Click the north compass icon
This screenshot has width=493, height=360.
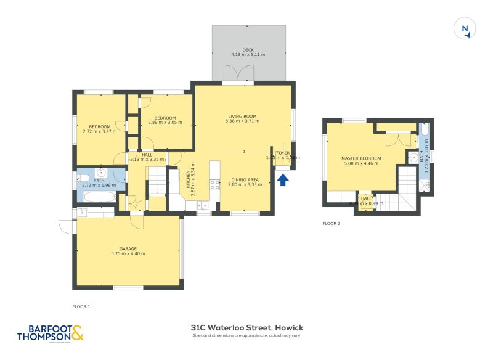point(465,29)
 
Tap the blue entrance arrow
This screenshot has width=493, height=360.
point(283,180)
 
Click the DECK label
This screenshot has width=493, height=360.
point(248,50)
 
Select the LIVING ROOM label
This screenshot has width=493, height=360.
point(242,116)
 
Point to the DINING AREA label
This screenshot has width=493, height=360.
point(244,179)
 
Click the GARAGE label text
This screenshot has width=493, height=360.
point(128,248)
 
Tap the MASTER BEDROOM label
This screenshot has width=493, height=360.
point(361,158)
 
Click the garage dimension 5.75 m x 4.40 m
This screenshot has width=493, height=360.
point(128,253)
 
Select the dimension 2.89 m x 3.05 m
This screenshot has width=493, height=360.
point(165,123)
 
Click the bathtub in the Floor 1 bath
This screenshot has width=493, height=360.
point(99,197)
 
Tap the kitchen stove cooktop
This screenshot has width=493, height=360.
point(214,184)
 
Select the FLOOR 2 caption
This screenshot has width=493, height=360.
point(331,223)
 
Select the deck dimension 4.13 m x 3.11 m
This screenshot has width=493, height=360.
point(248,55)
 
